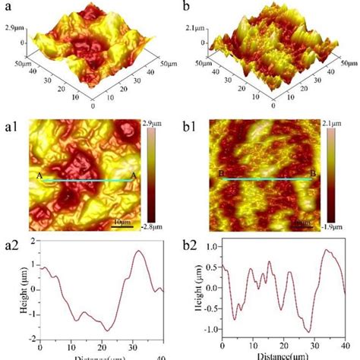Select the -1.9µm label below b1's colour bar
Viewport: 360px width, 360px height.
[x=333, y=228]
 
